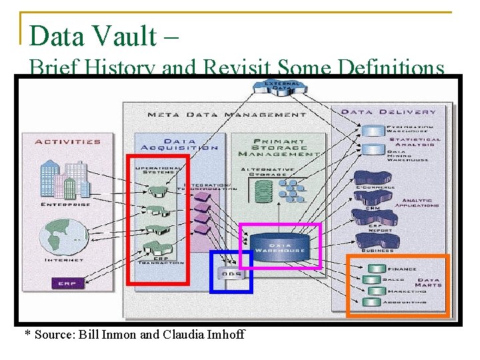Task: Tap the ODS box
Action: click(231, 273)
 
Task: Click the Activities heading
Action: click(67, 141)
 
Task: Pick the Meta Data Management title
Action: click(227, 115)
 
